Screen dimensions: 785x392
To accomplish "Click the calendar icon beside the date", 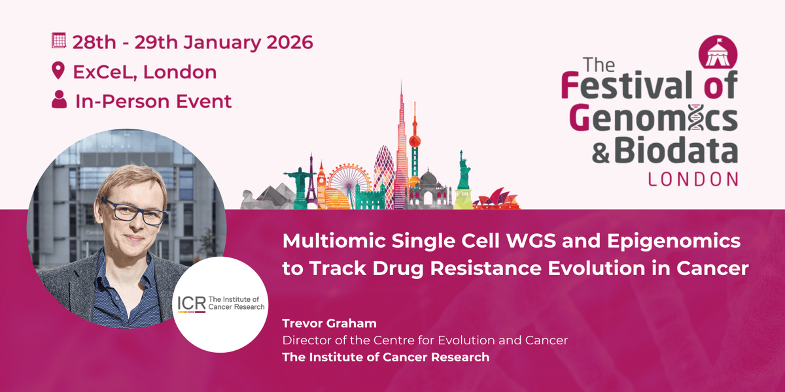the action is (x=58, y=41).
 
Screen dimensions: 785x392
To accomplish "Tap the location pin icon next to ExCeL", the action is (x=58, y=71).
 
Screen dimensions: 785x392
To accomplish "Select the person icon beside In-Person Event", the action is (x=60, y=99).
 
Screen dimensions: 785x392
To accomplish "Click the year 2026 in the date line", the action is (x=289, y=42).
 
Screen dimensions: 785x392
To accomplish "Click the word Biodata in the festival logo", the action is (x=676, y=150).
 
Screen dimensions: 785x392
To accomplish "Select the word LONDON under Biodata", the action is (x=693, y=179).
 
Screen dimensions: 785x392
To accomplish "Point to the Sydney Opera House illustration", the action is (x=497, y=199).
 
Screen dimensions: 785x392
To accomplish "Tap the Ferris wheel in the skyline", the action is (x=349, y=182).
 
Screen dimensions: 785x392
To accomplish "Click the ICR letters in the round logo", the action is (x=191, y=303).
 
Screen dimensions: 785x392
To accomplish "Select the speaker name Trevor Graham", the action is (x=330, y=323).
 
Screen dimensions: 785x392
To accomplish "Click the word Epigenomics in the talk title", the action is (x=674, y=242).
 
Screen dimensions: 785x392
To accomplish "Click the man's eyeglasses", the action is (x=134, y=211).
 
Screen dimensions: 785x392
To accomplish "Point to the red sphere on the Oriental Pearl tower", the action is (x=415, y=141).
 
